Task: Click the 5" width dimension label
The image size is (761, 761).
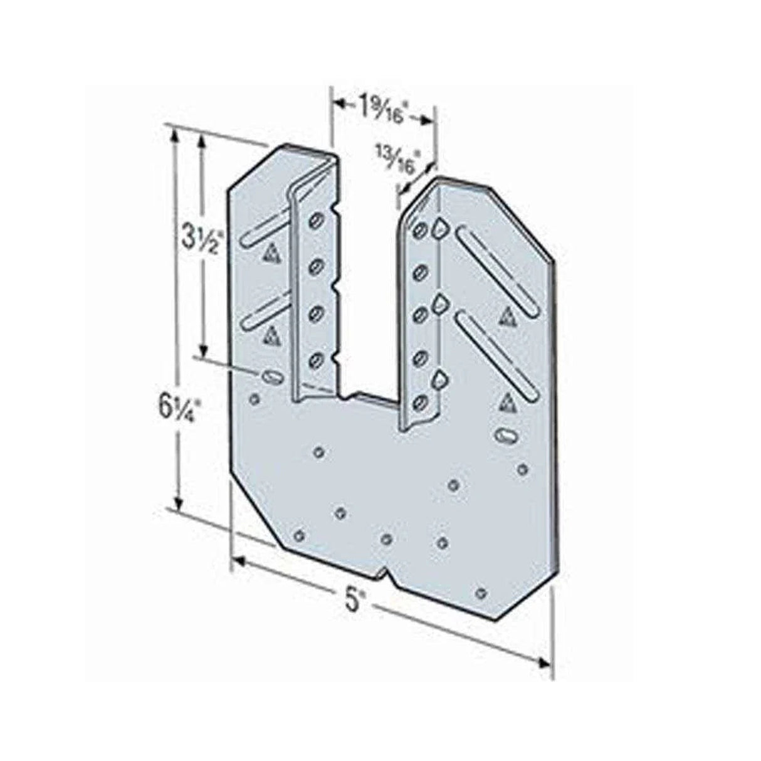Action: tap(355, 601)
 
